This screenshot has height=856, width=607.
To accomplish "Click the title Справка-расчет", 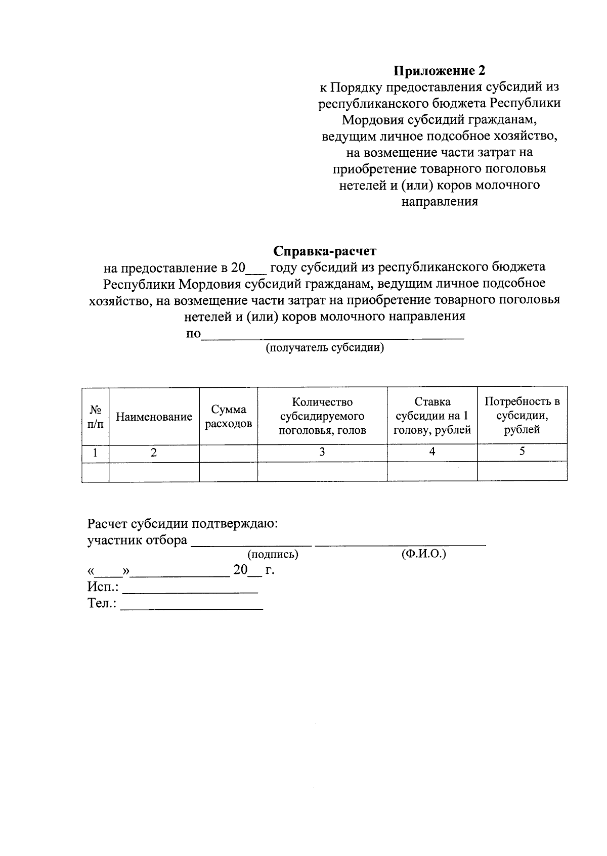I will click(x=325, y=251).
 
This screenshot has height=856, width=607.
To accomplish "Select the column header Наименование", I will click(x=154, y=417).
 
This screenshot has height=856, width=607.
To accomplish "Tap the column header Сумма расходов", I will click(x=228, y=417).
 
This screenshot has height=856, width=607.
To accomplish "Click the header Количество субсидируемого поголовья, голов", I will click(x=322, y=416).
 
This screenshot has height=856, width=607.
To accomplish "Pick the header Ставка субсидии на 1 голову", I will click(x=432, y=416).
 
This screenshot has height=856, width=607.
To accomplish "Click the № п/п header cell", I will click(x=95, y=417).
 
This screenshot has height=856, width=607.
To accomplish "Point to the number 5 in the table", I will click(x=522, y=452).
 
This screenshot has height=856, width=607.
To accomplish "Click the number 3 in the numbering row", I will click(x=322, y=452).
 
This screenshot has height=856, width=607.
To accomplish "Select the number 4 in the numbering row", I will click(x=432, y=452).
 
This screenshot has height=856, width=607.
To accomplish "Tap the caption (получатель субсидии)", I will click(x=325, y=348).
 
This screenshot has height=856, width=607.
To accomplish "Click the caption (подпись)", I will click(x=273, y=555).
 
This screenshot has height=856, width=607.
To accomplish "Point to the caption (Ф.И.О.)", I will click(x=424, y=554).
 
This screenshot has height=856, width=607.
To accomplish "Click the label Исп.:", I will click(x=103, y=587).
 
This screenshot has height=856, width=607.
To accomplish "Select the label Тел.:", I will click(x=102, y=603).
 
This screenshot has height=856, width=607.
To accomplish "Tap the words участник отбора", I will click(x=137, y=540).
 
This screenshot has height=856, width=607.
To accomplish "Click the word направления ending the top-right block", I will click(x=440, y=202).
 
